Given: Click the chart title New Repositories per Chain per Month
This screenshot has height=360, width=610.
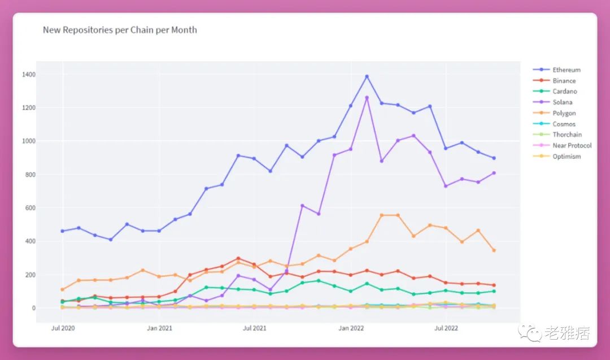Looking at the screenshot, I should [x=120, y=30].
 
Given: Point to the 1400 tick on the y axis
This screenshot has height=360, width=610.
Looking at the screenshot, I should [x=29, y=75].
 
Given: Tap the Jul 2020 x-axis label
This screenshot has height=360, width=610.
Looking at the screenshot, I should [x=63, y=328].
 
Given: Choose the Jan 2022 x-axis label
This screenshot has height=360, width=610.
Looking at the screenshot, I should [x=351, y=328].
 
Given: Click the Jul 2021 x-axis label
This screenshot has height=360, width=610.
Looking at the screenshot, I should [x=255, y=328].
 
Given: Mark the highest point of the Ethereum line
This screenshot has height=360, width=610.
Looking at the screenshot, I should [x=367, y=76].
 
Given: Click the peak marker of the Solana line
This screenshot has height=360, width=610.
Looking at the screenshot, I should [x=367, y=98].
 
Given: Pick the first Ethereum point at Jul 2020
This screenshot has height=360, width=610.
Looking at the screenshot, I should [x=63, y=231].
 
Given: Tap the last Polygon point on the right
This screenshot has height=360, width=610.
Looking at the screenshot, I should [x=494, y=250].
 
